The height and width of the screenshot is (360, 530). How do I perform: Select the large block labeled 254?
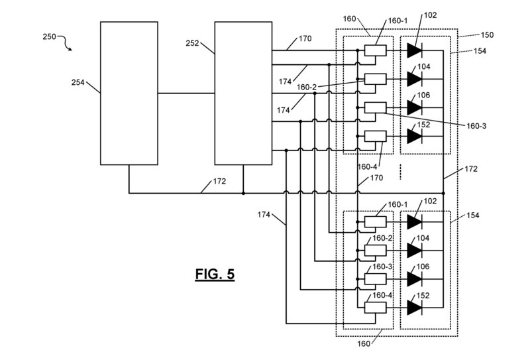point(129,93)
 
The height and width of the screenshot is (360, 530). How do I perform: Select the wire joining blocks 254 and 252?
point(186,93)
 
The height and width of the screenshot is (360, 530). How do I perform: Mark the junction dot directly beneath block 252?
point(243,194)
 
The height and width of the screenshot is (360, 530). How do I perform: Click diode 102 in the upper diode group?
point(415,50)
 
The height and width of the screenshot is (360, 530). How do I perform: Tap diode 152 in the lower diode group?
point(415,307)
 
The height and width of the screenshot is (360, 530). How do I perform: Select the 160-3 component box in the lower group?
point(376,278)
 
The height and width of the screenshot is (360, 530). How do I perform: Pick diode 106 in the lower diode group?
point(415,278)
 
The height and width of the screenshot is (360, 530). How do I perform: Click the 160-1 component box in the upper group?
point(376,50)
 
